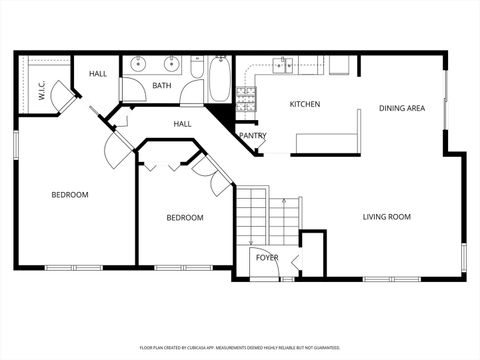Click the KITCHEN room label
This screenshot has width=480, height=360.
point(305,105)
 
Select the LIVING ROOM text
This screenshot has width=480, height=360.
point(387,217)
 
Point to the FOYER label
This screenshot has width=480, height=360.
point(267,258)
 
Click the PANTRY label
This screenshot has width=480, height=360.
point(252,136)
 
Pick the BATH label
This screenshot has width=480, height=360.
point(162,86)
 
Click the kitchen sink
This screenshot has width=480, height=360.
point(284,66)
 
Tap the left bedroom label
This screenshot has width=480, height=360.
point(70,194)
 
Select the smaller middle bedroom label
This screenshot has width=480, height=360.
point(185,218)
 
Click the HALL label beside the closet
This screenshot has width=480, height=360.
point(98,74)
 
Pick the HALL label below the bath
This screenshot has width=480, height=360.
point(183,124)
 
